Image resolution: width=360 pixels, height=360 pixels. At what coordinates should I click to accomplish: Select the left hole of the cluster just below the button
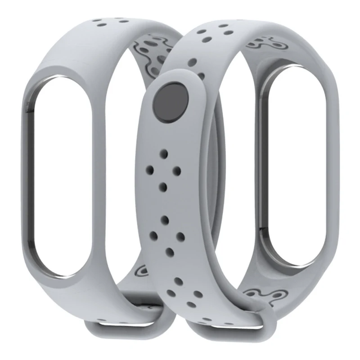[150, 170]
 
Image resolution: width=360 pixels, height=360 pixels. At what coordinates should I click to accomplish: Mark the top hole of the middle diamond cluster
[165, 220]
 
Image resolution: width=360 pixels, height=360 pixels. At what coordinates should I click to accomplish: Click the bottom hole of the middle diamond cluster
[170, 252]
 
